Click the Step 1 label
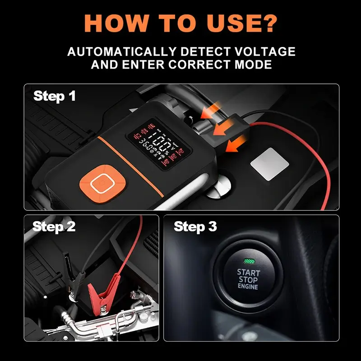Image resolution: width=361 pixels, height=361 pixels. click(x=55, y=96)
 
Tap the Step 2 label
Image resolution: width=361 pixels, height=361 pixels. click(x=54, y=227)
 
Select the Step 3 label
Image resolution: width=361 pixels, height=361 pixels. click(x=195, y=227)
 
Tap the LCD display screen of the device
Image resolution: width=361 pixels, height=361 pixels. click(x=153, y=143)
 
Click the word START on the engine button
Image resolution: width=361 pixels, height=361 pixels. click(x=249, y=273)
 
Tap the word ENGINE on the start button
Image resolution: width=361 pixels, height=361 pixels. click(x=248, y=287)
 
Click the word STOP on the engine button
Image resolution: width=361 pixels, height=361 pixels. click(x=249, y=280)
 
